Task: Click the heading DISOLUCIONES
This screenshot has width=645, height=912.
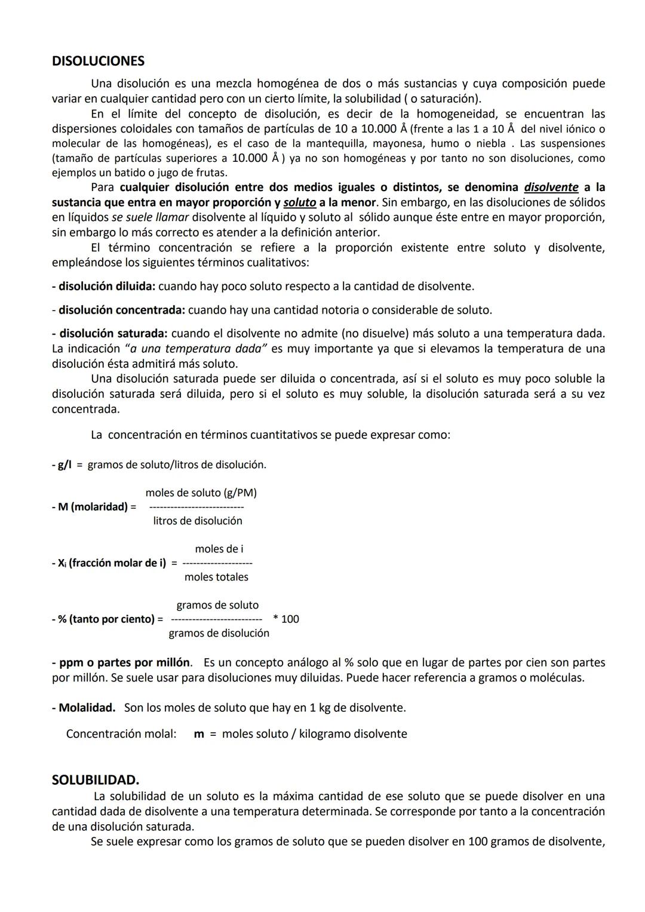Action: (x=98, y=61)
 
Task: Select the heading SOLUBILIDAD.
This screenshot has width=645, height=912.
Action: (x=96, y=780)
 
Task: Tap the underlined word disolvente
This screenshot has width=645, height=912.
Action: (x=551, y=188)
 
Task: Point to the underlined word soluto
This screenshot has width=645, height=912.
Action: (x=299, y=202)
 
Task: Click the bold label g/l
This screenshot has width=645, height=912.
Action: (x=64, y=465)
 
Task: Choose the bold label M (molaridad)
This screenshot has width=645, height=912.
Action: (x=93, y=507)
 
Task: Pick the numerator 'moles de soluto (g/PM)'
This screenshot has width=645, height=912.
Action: (x=201, y=493)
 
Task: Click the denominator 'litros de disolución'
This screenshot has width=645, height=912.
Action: (x=198, y=521)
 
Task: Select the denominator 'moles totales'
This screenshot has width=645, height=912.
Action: (x=216, y=577)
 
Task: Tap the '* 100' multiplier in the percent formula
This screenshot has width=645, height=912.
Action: (x=286, y=619)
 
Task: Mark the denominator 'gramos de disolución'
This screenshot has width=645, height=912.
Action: (x=219, y=633)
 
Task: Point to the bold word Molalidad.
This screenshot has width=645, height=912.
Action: (x=87, y=708)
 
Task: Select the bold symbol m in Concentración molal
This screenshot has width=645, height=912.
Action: (x=199, y=734)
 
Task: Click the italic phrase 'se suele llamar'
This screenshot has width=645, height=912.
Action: (x=150, y=217)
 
